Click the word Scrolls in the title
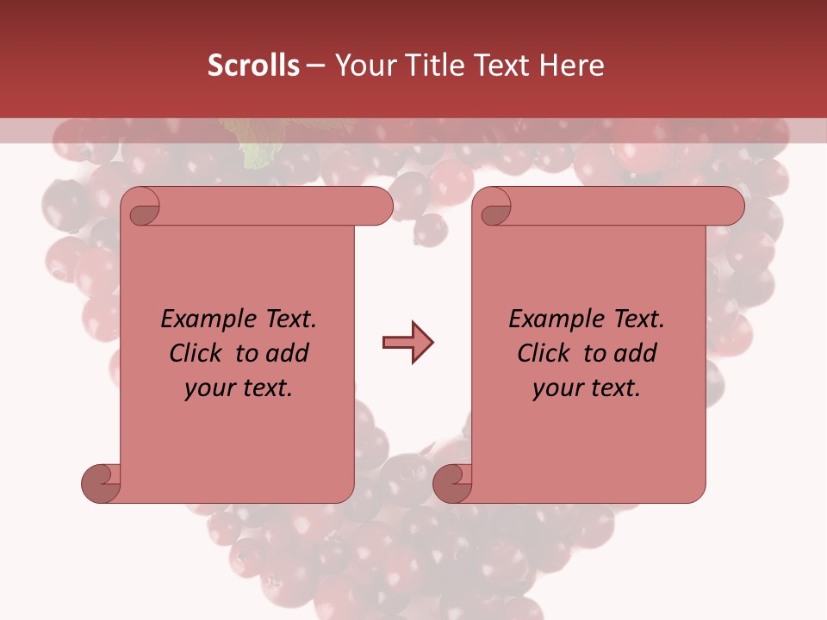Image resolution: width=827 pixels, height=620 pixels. tap(253, 65)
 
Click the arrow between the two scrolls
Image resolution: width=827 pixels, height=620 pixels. tap(407, 344)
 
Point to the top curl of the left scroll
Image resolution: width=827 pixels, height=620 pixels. tap(141, 208)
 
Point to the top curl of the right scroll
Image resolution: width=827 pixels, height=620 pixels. tap(494, 208)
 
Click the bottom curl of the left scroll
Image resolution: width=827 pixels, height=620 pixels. tap(101, 483)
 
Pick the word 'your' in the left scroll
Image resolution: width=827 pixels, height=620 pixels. tap(208, 388)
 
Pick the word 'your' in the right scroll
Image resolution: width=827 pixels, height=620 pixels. tap(557, 388)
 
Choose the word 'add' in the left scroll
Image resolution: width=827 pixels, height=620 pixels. tap(287, 353)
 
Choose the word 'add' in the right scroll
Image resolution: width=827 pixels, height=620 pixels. tap(635, 353)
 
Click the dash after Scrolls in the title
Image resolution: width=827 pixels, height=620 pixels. tap(315, 66)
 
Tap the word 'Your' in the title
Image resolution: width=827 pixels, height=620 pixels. tap(360, 65)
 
